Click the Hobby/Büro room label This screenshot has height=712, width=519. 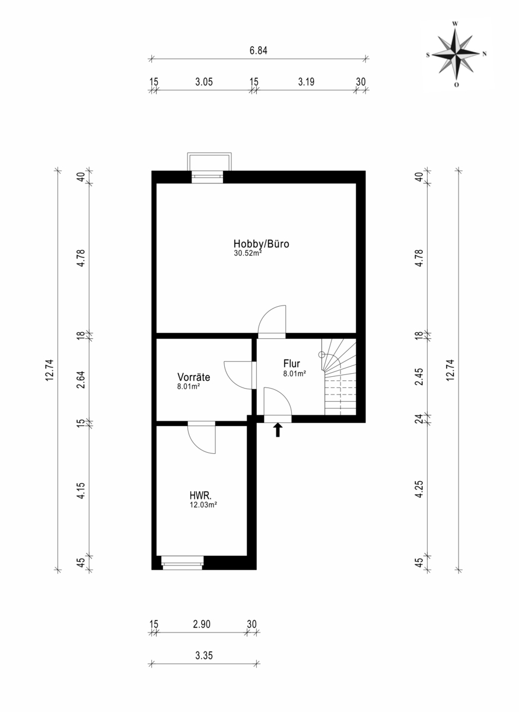[261, 244]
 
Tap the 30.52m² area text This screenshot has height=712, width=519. [248, 253]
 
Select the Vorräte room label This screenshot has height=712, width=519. [193, 377]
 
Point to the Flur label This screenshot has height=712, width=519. [291, 364]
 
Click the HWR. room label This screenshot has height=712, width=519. [200, 495]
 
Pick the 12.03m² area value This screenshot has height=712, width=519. [203, 505]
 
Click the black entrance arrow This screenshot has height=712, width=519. [278, 430]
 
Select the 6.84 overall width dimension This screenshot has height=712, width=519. [258, 50]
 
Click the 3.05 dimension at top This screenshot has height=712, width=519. [203, 82]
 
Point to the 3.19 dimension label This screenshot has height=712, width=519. [306, 82]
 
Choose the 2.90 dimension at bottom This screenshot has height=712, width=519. [202, 624]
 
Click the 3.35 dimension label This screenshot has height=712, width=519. [203, 656]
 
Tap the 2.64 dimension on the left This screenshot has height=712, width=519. [82, 380]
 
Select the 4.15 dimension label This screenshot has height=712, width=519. [82, 491]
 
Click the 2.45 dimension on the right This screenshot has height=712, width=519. [419, 377]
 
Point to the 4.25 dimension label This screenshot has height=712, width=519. [419, 489]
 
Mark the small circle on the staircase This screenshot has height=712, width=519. [321, 354]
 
